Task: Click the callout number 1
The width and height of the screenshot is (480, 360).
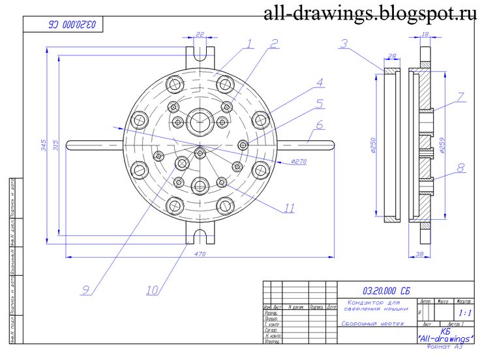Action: click(x=248, y=44)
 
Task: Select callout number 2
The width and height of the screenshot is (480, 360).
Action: click(x=274, y=44)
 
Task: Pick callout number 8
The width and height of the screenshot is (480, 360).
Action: click(x=461, y=168)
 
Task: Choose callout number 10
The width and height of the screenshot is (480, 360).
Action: click(x=153, y=288)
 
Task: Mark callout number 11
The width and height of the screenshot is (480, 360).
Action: click(x=288, y=209)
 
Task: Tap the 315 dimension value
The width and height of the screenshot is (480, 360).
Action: click(x=55, y=144)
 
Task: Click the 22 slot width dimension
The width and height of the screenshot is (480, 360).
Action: click(x=200, y=35)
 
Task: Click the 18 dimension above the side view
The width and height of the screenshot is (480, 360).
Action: click(x=425, y=35)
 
